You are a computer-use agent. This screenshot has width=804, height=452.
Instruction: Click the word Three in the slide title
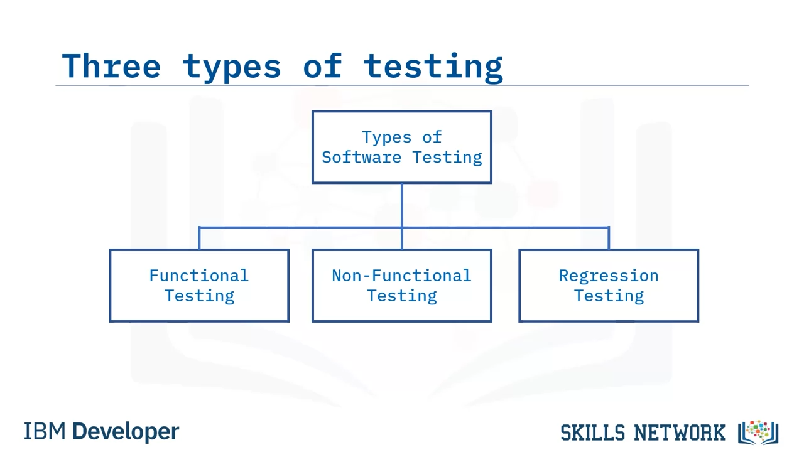tap(111, 66)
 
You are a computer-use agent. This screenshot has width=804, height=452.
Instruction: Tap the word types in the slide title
tap(232, 68)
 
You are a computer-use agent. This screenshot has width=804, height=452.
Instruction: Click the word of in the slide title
tap(323, 65)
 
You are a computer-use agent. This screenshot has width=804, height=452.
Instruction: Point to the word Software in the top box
tap(361, 158)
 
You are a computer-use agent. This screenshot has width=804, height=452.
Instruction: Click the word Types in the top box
tap(386, 137)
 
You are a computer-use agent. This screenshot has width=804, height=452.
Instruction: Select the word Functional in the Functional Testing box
tap(199, 276)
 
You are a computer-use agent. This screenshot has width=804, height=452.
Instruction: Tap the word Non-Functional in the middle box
tap(401, 276)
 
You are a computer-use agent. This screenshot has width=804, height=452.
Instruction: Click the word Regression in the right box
tap(609, 276)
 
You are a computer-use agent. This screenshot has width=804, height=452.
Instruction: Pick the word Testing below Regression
tap(609, 296)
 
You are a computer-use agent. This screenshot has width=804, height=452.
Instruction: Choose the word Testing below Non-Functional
tap(402, 296)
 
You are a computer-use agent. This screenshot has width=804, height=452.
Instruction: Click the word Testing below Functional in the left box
tap(199, 296)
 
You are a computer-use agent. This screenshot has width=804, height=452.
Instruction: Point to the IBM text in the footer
tap(45, 431)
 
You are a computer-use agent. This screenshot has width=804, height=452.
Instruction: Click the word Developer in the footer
tap(126, 432)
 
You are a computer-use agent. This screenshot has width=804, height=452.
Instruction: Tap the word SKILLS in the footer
tap(592, 433)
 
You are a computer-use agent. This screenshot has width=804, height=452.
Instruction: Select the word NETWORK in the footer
tap(680, 433)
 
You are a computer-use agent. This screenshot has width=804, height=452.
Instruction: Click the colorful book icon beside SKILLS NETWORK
tap(758, 433)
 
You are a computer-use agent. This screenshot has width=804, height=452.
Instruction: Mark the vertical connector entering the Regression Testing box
tap(609, 238)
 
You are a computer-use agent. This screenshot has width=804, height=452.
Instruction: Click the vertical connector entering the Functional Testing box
tap(199, 238)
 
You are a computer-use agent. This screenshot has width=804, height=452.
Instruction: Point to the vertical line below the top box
tap(401, 217)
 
